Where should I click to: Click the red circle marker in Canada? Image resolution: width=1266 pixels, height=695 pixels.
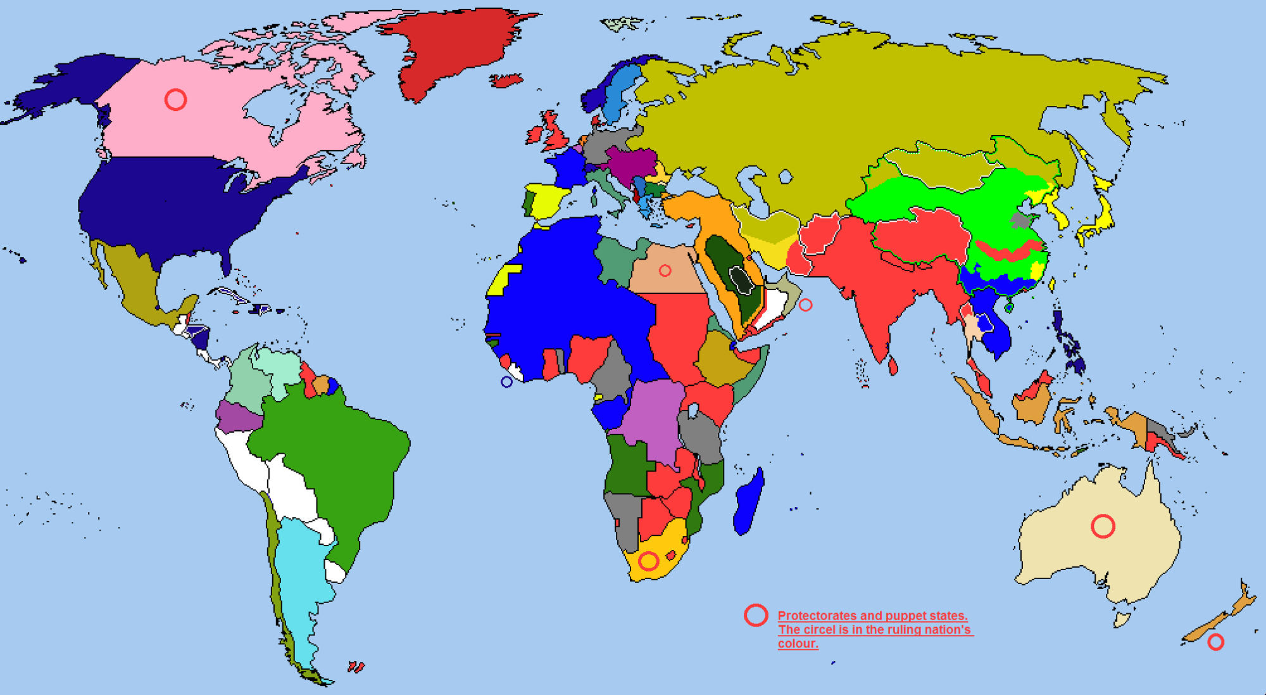tap(175, 99)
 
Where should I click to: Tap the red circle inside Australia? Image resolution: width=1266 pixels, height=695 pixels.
tap(1103, 526)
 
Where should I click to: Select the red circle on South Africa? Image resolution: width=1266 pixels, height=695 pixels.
tap(648, 561)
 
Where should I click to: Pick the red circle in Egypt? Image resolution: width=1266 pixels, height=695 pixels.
tap(665, 271)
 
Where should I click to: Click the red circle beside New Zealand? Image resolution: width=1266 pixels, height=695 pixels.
tap(1215, 642)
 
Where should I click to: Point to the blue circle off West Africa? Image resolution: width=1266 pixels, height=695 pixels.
tap(506, 381)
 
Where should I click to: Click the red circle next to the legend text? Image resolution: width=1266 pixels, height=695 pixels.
tap(756, 615)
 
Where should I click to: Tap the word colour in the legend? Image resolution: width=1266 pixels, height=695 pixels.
tap(798, 644)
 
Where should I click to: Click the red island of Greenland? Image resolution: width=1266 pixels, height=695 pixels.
tap(456, 51)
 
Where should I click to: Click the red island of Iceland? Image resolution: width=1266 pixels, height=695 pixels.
tap(506, 80)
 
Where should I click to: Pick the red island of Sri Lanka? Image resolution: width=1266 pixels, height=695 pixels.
tap(893, 366)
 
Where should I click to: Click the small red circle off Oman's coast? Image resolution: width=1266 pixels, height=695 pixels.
tap(805, 305)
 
